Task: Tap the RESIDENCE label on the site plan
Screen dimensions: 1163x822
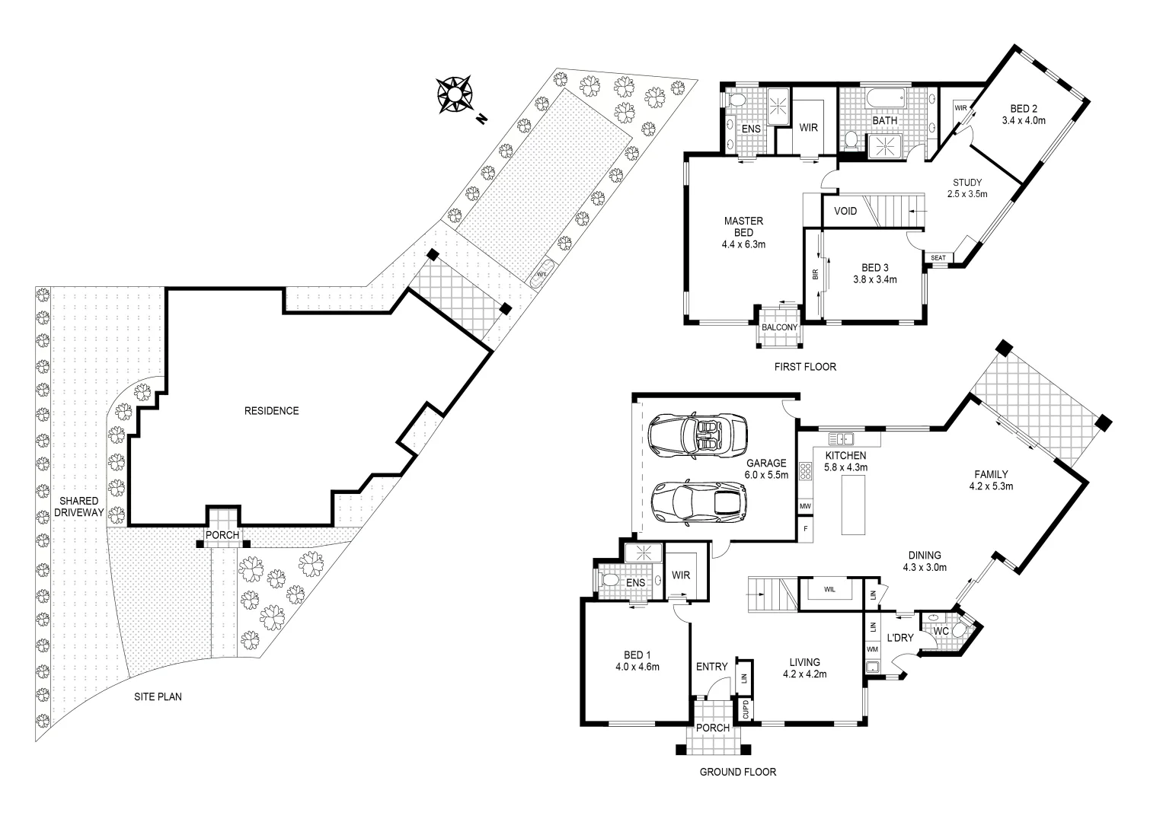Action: [x=271, y=411]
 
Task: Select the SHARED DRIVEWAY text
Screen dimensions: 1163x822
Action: [x=78, y=506]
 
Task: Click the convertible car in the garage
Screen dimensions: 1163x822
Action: [x=696, y=435]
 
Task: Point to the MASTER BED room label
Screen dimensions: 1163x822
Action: [x=743, y=227]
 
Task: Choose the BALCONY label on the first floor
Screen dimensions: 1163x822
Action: [x=779, y=327]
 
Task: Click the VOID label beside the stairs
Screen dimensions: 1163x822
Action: [x=845, y=211]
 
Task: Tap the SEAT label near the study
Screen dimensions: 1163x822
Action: [x=938, y=258]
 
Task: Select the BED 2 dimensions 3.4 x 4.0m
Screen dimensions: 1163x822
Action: [x=1024, y=120]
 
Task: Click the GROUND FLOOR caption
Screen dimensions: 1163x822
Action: [x=738, y=772]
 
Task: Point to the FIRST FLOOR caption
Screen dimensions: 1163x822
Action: [x=805, y=367]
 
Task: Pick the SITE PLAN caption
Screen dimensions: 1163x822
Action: [x=158, y=696]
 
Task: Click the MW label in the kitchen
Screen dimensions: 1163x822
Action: [x=804, y=505]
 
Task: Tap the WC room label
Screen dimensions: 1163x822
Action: [x=941, y=631]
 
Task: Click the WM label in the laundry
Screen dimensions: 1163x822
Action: [x=872, y=649]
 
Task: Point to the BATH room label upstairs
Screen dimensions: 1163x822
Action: [x=884, y=120]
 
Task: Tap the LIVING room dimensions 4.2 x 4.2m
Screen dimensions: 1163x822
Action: [x=805, y=674]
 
